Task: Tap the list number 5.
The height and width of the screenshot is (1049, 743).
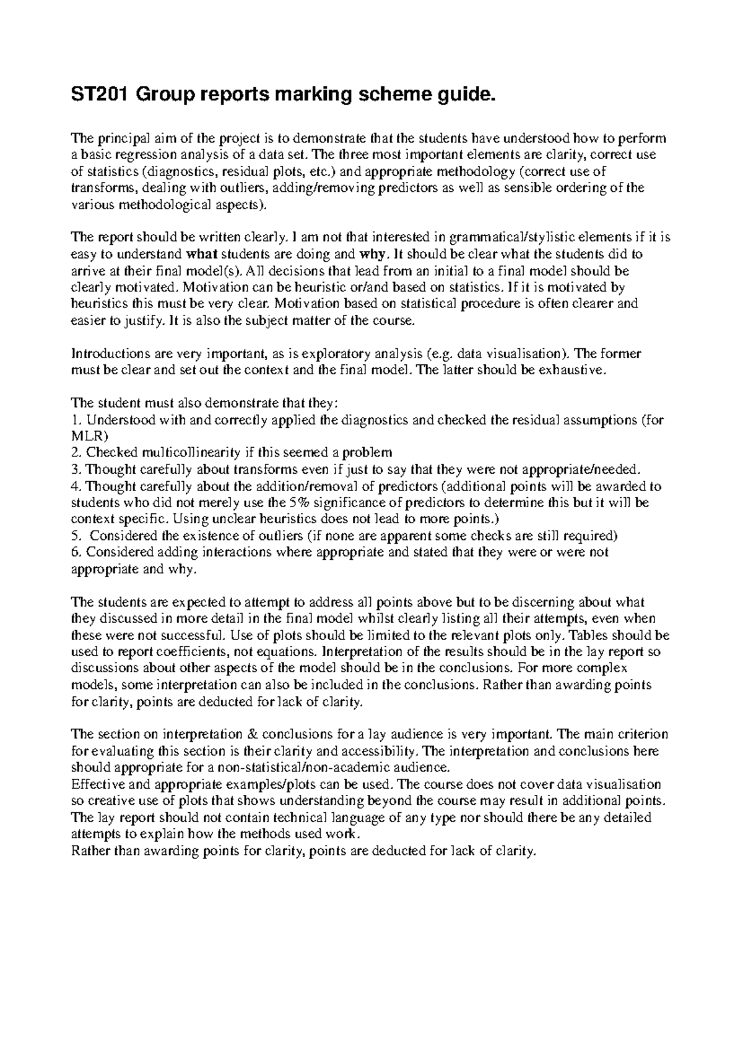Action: pos(76,536)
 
